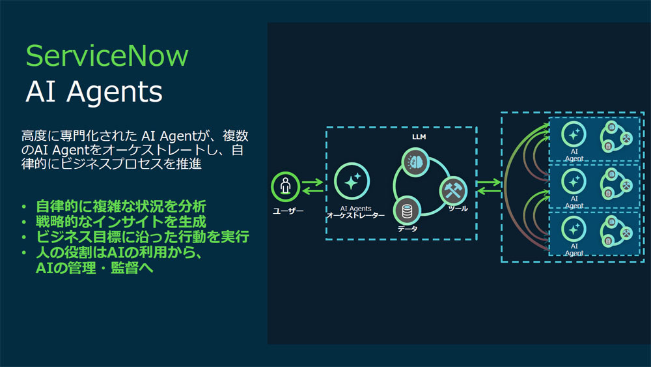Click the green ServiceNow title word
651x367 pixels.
(107, 56)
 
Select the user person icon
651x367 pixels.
(285, 186)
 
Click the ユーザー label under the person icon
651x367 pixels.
(288, 211)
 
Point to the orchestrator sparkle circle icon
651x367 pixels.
(352, 181)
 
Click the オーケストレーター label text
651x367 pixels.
(356, 215)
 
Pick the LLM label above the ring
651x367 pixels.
(419, 137)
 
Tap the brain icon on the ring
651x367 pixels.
(415, 162)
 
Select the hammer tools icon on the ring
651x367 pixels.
(453, 191)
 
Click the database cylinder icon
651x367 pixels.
(407, 211)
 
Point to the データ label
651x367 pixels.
(408, 229)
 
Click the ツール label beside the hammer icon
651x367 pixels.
(458, 208)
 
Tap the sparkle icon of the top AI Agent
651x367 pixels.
(574, 134)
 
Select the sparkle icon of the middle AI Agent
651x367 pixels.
(574, 182)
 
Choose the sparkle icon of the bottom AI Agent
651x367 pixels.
(574, 229)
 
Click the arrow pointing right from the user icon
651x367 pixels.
(312, 182)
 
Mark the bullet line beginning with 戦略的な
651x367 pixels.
(121, 222)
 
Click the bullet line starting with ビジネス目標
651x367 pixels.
(143, 237)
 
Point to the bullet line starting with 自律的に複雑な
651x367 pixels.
(121, 206)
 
